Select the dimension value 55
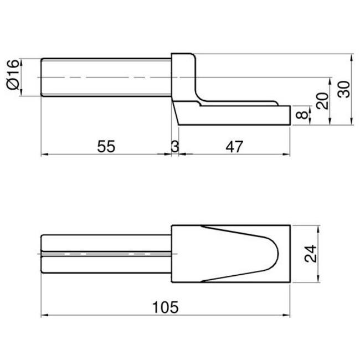[106, 146]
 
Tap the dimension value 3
[175, 146]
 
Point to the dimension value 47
[234, 146]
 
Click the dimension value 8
[301, 115]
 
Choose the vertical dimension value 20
[322, 101]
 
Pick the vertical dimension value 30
[344, 89]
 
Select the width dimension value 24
[310, 254]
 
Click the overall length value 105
[165, 307]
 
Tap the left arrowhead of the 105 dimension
[44, 315]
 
